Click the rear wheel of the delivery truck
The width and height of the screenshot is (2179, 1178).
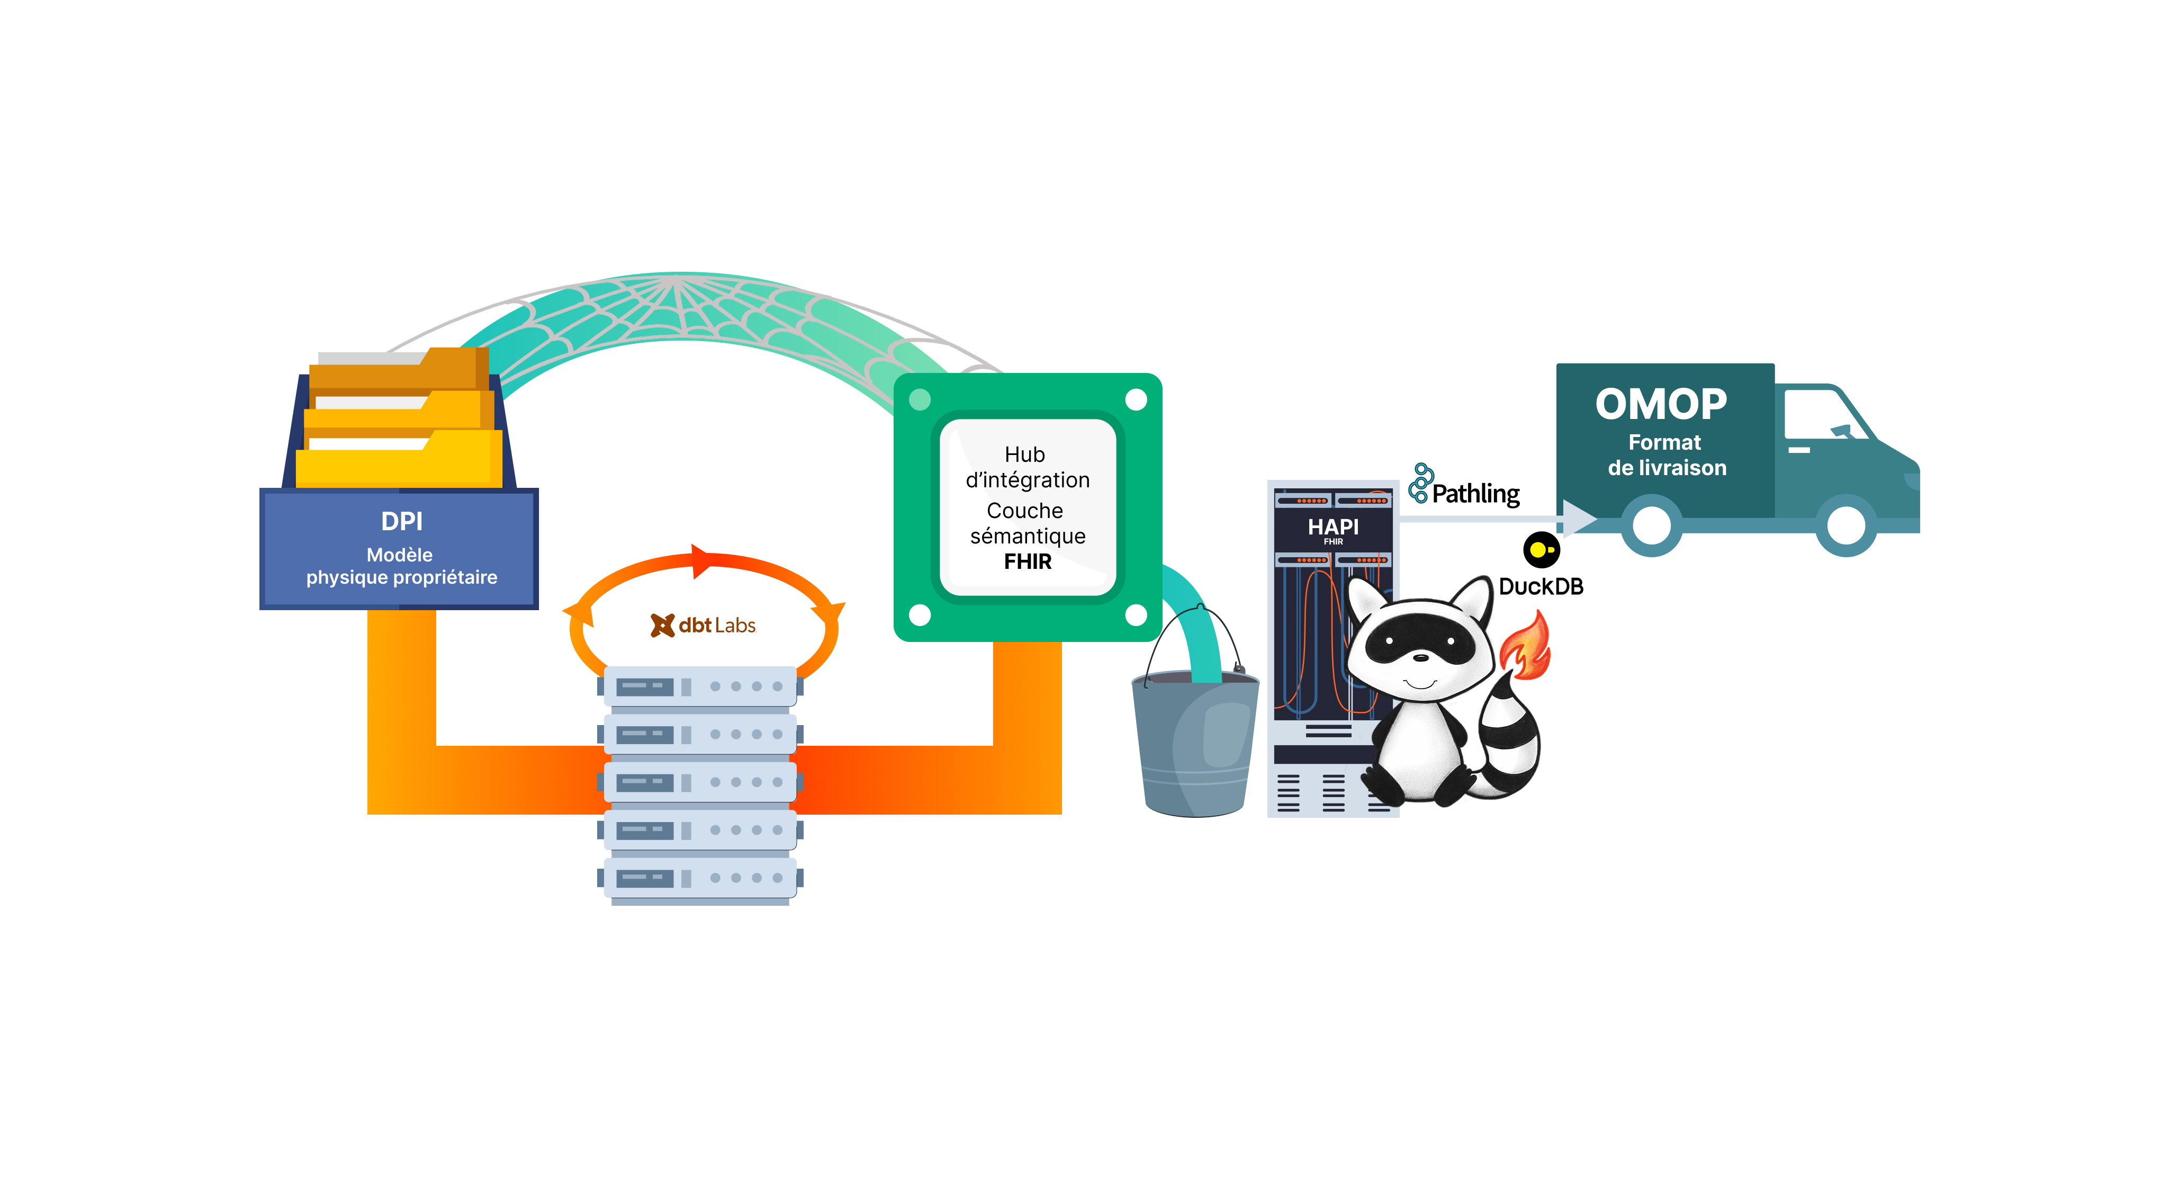[1651, 525]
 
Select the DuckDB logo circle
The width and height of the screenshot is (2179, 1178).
[1541, 550]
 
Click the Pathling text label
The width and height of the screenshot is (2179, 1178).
[1475, 493]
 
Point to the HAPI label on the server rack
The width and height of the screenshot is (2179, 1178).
[1333, 526]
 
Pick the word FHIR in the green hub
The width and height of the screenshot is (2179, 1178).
[1028, 562]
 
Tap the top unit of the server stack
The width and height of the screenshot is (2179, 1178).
[699, 686]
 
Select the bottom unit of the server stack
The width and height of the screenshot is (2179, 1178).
[699, 878]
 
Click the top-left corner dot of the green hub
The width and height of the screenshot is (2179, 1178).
[920, 399]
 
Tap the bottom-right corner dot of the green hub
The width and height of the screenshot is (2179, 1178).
[1136, 614]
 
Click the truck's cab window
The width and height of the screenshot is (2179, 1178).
[1823, 415]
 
